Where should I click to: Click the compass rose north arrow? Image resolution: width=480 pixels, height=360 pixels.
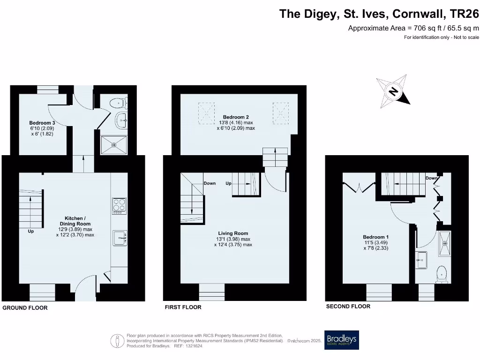[x=394, y=90]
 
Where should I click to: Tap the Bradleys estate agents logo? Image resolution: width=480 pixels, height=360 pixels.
[x=341, y=340]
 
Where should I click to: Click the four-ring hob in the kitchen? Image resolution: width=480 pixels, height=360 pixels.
[x=119, y=206]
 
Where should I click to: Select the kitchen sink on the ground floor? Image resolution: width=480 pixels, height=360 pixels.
[x=120, y=238]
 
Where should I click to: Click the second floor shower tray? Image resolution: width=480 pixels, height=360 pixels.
[x=444, y=244]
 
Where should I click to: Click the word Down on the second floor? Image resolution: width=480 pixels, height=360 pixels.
[x=432, y=179]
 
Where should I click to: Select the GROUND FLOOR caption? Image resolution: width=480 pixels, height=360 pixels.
[x=25, y=308]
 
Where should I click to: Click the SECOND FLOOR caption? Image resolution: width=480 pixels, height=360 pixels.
[x=348, y=307]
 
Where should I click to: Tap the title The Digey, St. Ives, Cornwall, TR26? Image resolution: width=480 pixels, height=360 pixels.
[x=379, y=14]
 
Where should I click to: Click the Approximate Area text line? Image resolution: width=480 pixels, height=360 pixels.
[x=413, y=28]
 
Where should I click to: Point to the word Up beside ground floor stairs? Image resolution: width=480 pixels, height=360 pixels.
[x=31, y=231]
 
